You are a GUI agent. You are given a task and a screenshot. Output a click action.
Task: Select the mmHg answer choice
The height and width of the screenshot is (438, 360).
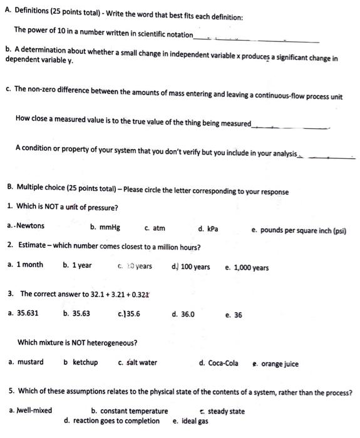pyautogui.click(x=108, y=227)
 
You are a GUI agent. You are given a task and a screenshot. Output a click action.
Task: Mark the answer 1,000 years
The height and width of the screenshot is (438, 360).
pyautogui.click(x=251, y=268)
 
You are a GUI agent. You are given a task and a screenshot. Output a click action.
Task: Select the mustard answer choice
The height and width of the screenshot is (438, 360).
pyautogui.click(x=30, y=362)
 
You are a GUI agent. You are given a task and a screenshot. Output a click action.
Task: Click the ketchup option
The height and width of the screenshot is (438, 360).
pyautogui.click(x=85, y=362)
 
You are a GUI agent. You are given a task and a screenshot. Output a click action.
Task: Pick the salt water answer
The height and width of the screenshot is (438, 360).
pyautogui.click(x=141, y=362)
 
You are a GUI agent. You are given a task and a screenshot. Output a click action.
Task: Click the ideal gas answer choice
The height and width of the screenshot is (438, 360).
pyautogui.click(x=195, y=421)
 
